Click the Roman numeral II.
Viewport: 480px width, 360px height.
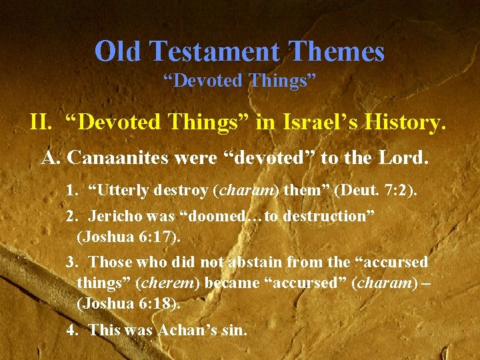click(41, 123)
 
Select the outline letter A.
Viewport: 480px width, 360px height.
click(51, 158)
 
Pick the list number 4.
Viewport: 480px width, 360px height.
click(71, 329)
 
